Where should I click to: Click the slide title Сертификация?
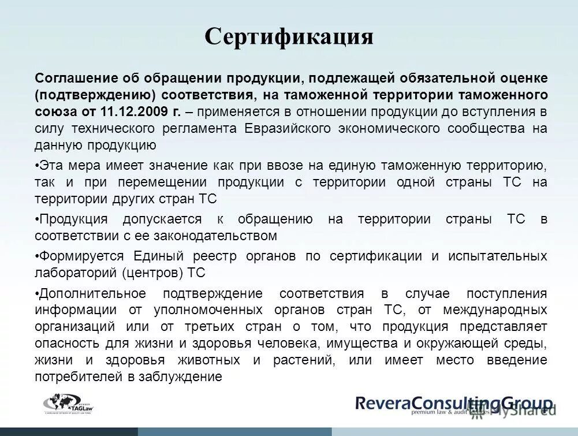pyautogui.click(x=289, y=37)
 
